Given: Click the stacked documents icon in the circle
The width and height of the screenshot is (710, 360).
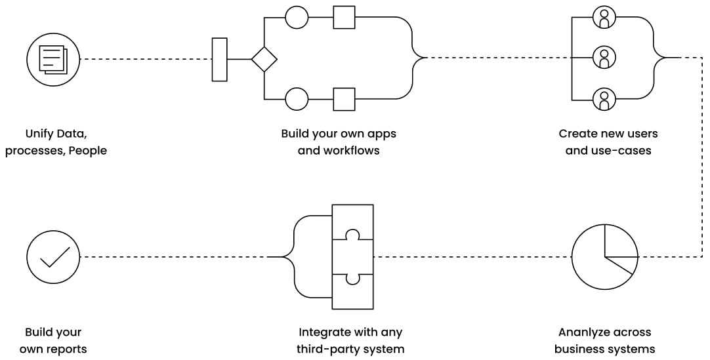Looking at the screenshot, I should [53, 59].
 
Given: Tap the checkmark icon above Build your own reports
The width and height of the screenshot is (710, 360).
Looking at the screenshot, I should [53, 256].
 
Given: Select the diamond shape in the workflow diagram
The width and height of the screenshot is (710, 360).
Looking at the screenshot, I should [264, 59].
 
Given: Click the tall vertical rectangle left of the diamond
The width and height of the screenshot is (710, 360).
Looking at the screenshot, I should [220, 59].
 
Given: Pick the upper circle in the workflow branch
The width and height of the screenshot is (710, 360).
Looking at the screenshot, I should [297, 17].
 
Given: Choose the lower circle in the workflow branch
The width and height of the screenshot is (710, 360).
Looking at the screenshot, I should [297, 99].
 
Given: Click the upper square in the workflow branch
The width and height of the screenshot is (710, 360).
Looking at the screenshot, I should [344, 17].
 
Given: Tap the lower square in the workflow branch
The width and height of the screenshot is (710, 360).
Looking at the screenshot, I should [344, 99].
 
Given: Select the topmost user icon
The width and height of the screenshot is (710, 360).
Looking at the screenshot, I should [604, 18].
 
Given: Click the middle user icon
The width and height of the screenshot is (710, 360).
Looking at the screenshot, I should [604, 58].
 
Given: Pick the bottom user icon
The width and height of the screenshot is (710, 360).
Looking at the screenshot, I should [604, 100].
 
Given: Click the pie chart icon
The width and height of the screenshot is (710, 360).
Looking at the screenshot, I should [604, 256].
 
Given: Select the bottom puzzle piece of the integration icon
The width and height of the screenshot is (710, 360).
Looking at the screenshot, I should [352, 290].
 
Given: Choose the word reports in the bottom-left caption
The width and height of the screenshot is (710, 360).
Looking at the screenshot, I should [65, 349].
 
